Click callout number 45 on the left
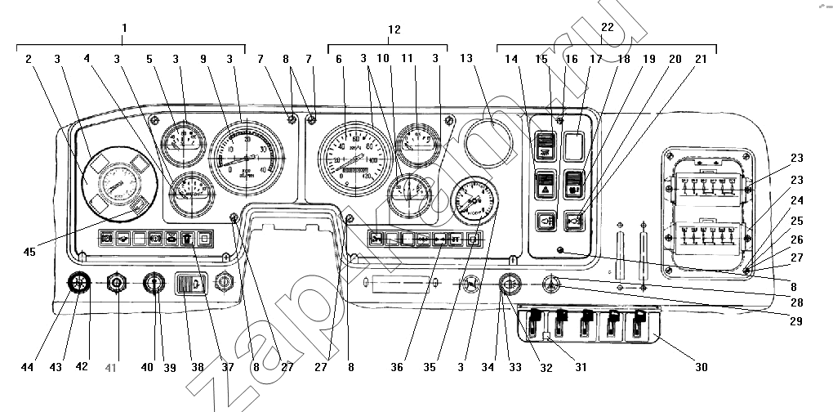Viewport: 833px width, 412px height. coord(29,252)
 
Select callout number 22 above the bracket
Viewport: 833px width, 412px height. coord(607,28)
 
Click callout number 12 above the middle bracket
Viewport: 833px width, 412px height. coord(394,29)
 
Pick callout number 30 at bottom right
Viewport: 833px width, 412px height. coord(701,367)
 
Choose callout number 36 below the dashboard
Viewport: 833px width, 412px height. coord(397,367)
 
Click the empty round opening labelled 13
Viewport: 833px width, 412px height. coord(488,141)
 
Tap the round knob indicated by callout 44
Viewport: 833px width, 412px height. coord(78,283)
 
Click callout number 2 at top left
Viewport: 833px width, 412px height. coord(28,60)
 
